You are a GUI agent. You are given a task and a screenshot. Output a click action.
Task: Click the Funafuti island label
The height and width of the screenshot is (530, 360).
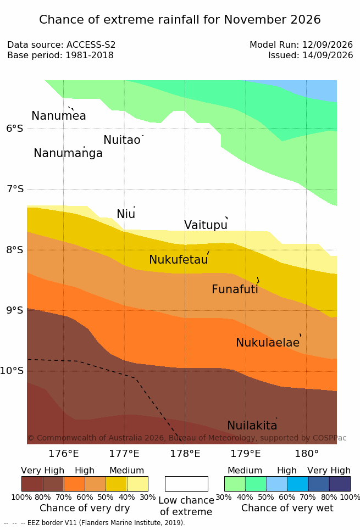(235, 289)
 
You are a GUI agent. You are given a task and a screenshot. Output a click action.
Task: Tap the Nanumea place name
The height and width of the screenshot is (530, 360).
(58, 115)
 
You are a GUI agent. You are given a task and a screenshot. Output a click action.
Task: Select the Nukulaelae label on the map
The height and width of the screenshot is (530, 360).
(268, 342)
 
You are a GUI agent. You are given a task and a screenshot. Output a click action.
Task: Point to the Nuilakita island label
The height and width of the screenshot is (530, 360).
(252, 425)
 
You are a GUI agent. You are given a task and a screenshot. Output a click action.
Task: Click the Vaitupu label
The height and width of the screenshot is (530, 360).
(206, 225)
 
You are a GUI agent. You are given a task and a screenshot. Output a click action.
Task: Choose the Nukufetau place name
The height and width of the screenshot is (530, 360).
(179, 260)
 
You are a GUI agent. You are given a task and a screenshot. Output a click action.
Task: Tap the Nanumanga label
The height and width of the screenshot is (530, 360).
(68, 153)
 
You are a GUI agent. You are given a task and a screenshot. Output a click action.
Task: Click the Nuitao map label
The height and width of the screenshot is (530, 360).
(122, 140)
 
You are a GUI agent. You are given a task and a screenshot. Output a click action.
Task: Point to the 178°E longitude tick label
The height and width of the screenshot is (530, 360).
(185, 454)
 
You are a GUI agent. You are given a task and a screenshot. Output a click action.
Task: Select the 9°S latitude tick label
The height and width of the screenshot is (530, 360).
(15, 310)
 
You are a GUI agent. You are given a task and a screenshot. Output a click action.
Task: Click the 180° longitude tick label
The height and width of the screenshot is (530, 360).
(307, 454)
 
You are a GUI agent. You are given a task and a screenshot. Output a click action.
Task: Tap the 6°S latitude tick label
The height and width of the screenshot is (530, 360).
(15, 128)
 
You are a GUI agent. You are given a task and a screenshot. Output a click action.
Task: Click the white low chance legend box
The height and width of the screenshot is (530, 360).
(186, 484)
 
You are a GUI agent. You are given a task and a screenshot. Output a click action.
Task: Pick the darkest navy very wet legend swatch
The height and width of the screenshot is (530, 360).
(340, 484)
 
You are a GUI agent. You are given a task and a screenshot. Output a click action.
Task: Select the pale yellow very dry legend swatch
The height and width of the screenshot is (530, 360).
(137, 484)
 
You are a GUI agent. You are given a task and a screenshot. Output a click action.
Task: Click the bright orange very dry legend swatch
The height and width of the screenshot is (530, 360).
(74, 484)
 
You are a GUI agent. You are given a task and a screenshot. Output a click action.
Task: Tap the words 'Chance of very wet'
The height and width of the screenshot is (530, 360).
(287, 508)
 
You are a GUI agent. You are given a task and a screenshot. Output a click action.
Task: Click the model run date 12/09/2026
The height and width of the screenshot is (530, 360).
(328, 44)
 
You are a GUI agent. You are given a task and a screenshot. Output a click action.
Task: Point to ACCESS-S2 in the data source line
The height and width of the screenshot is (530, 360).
(91, 44)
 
